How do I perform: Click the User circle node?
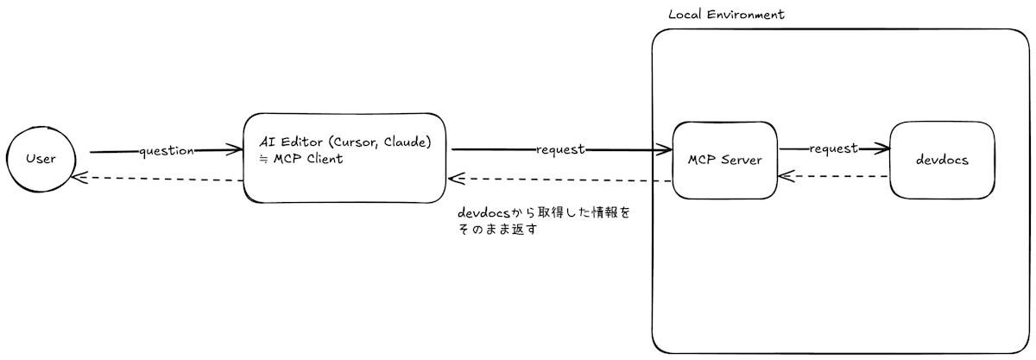tap(41, 158)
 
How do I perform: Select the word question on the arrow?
tap(167, 151)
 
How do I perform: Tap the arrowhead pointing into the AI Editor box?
tap(236, 151)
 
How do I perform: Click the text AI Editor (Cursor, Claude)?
tap(345, 142)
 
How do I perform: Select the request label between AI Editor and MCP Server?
tap(560, 149)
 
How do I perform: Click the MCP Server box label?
tap(724, 160)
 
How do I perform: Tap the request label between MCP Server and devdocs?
tap(833, 148)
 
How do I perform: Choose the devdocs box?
tap(942, 160)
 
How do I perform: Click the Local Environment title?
tap(726, 15)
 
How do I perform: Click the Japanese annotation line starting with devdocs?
tap(544, 212)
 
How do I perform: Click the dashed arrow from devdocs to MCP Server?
tap(833, 176)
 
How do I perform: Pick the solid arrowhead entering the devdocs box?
tap(882, 149)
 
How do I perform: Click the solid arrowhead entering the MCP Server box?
tap(665, 151)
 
